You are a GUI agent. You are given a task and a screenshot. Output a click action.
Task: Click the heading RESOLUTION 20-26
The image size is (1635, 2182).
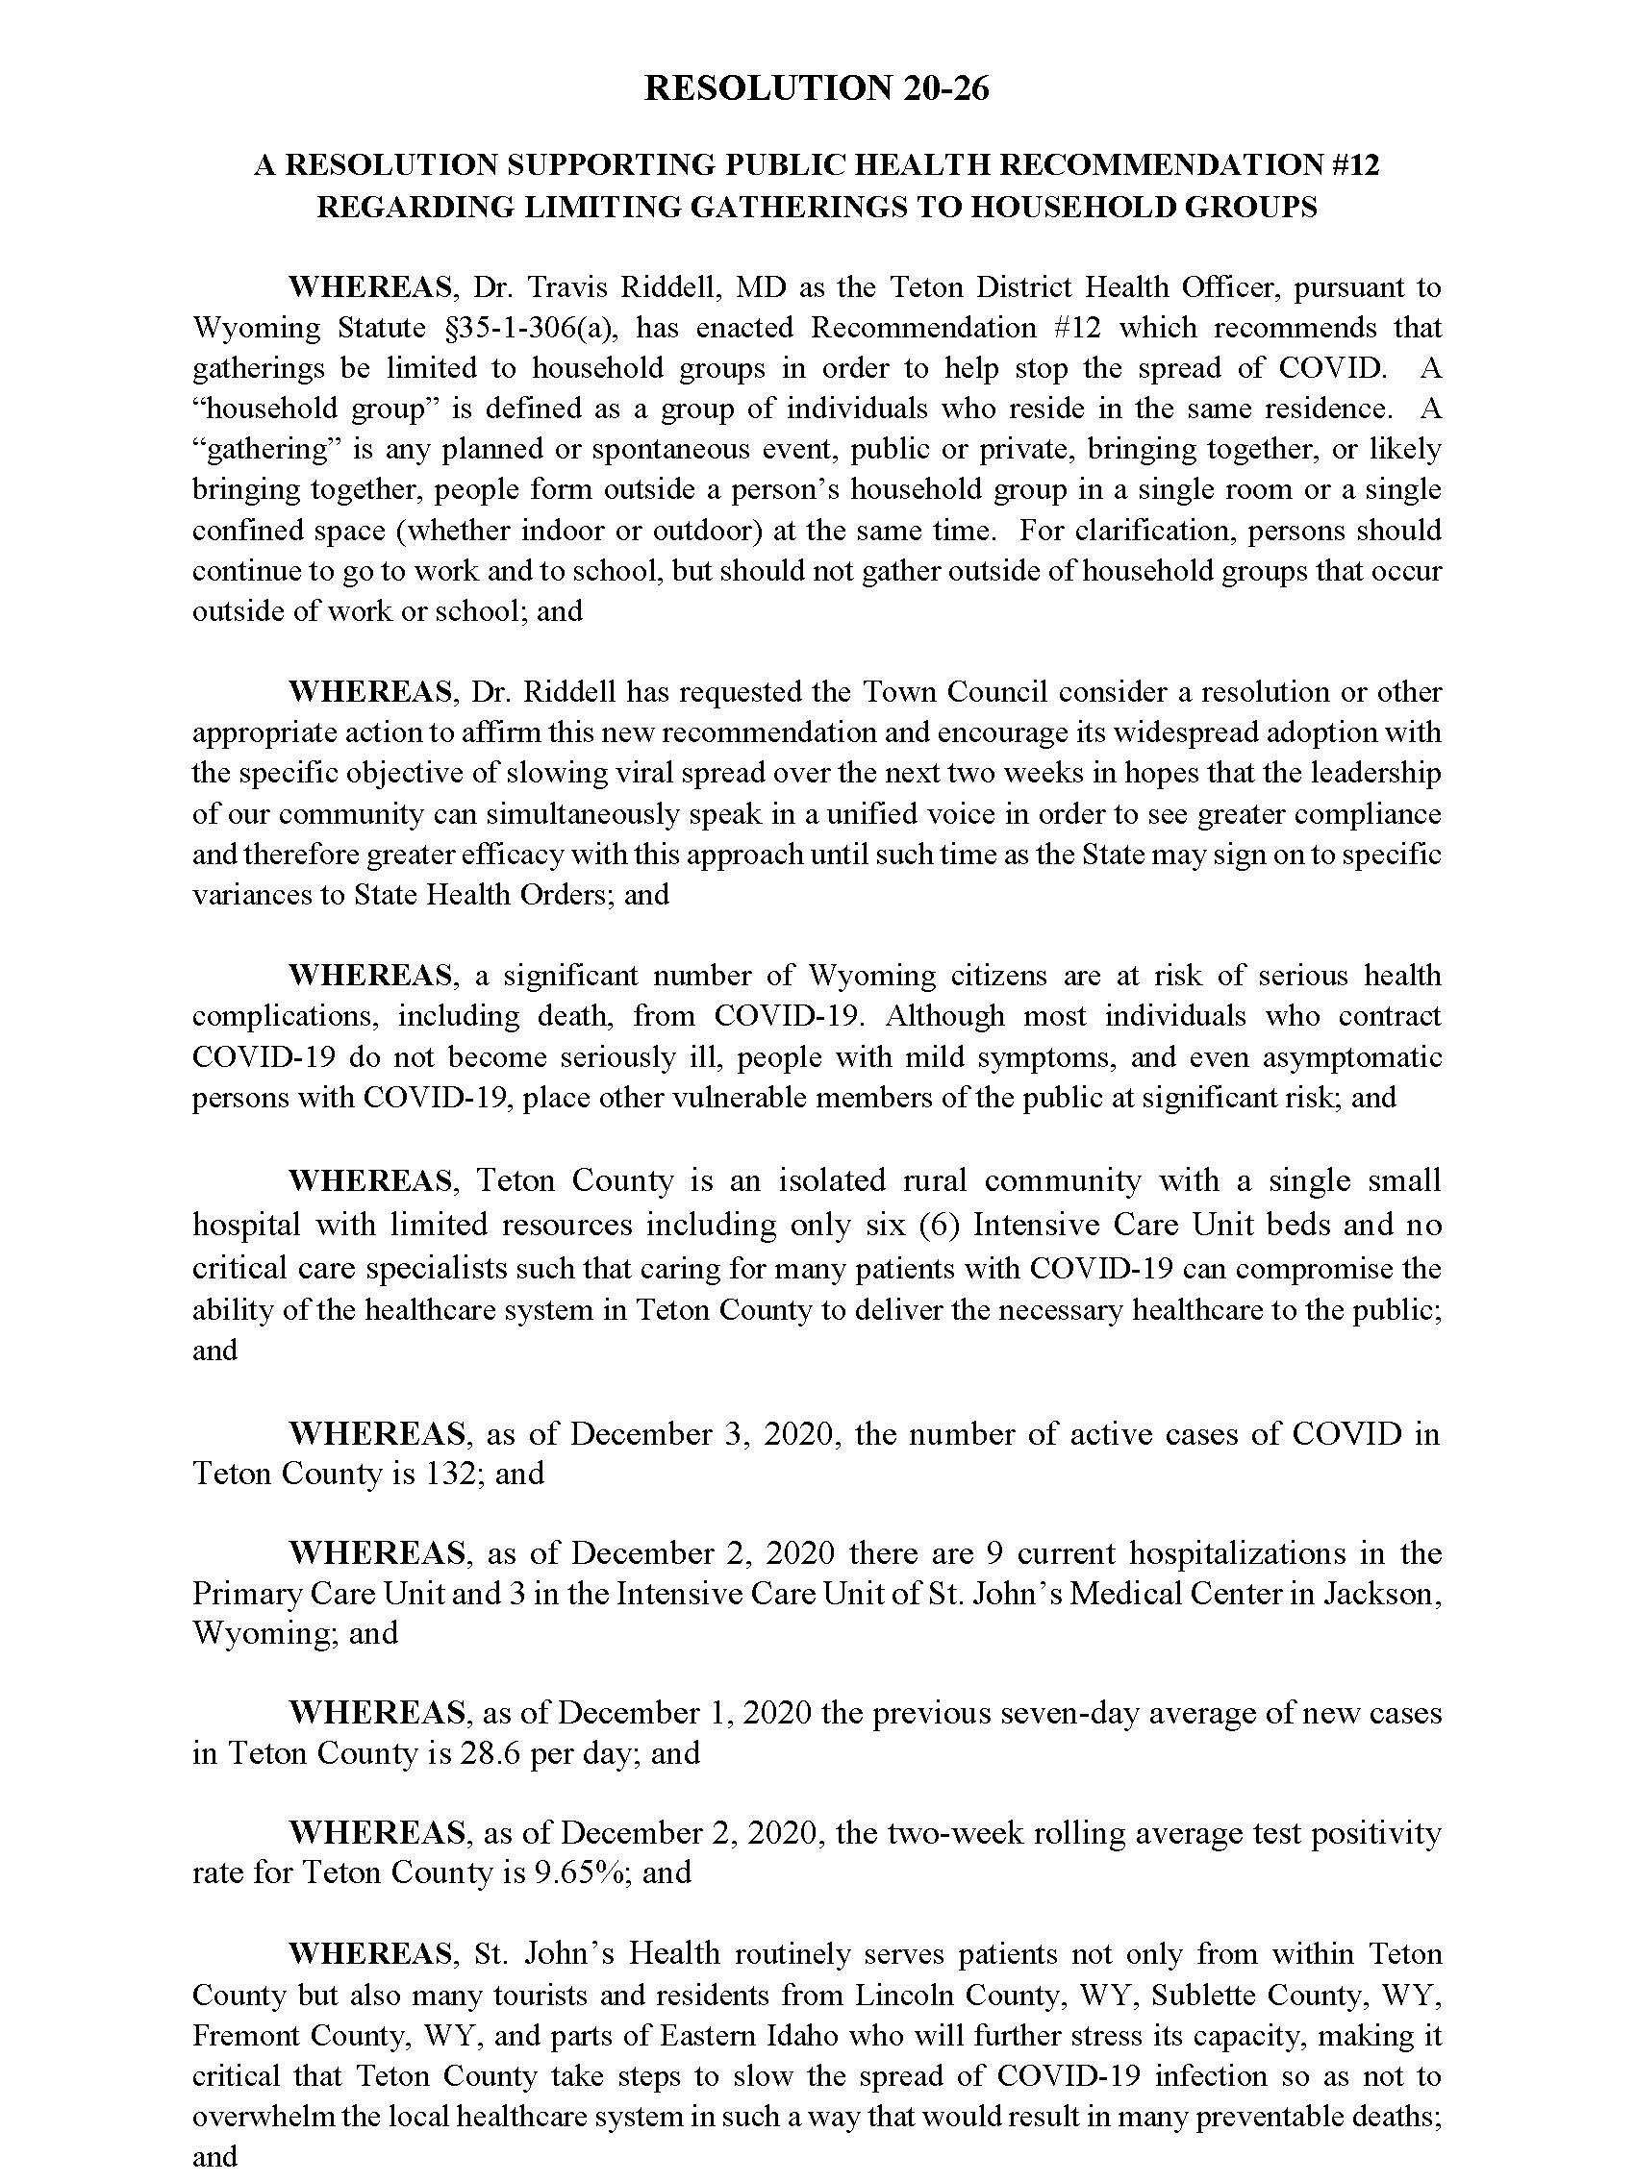pyautogui.click(x=816, y=87)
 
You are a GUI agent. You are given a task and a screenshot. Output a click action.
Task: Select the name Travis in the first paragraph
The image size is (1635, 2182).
pyautogui.click(x=565, y=287)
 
